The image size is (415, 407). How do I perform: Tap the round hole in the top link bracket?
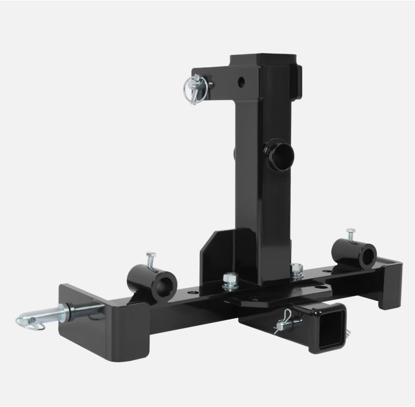point(241,82)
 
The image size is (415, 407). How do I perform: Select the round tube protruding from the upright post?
point(279,156)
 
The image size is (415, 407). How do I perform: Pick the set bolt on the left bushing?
point(150,260)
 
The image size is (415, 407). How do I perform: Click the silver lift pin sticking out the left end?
point(58,314)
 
